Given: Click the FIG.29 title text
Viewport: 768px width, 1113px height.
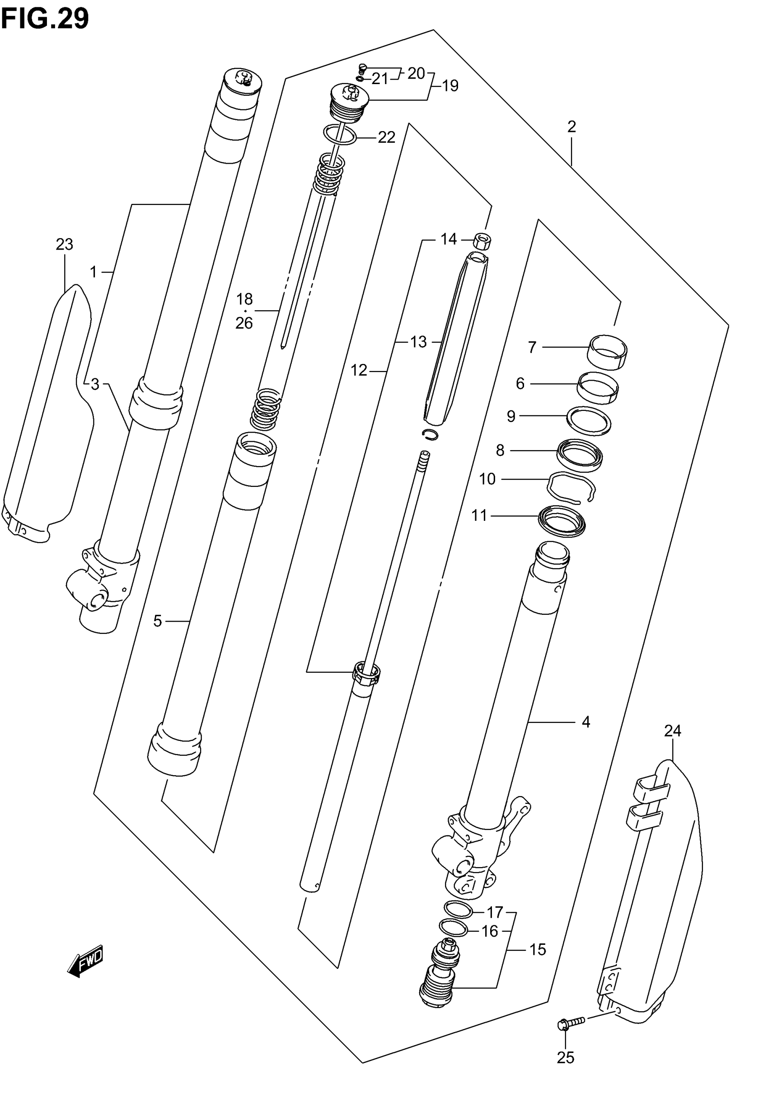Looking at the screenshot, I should tap(45, 19).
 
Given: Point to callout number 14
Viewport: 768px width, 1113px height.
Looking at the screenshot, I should tap(449, 239).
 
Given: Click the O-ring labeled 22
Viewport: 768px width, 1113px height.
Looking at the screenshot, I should tap(340, 135).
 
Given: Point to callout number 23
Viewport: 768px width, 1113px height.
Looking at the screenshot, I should tap(65, 245).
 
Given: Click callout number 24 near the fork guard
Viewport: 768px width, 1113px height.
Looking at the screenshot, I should tap(673, 731).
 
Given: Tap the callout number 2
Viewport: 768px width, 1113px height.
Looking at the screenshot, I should tap(571, 127).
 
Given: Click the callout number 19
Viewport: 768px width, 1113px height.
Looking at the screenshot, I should tap(450, 86).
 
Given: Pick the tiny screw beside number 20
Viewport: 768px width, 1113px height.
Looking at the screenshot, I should tap(363, 67).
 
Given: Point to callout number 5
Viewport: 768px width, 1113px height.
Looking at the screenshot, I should tap(158, 622).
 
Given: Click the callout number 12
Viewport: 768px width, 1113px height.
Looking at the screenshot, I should tap(359, 370).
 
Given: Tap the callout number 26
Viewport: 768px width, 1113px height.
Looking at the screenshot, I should tap(244, 323).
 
